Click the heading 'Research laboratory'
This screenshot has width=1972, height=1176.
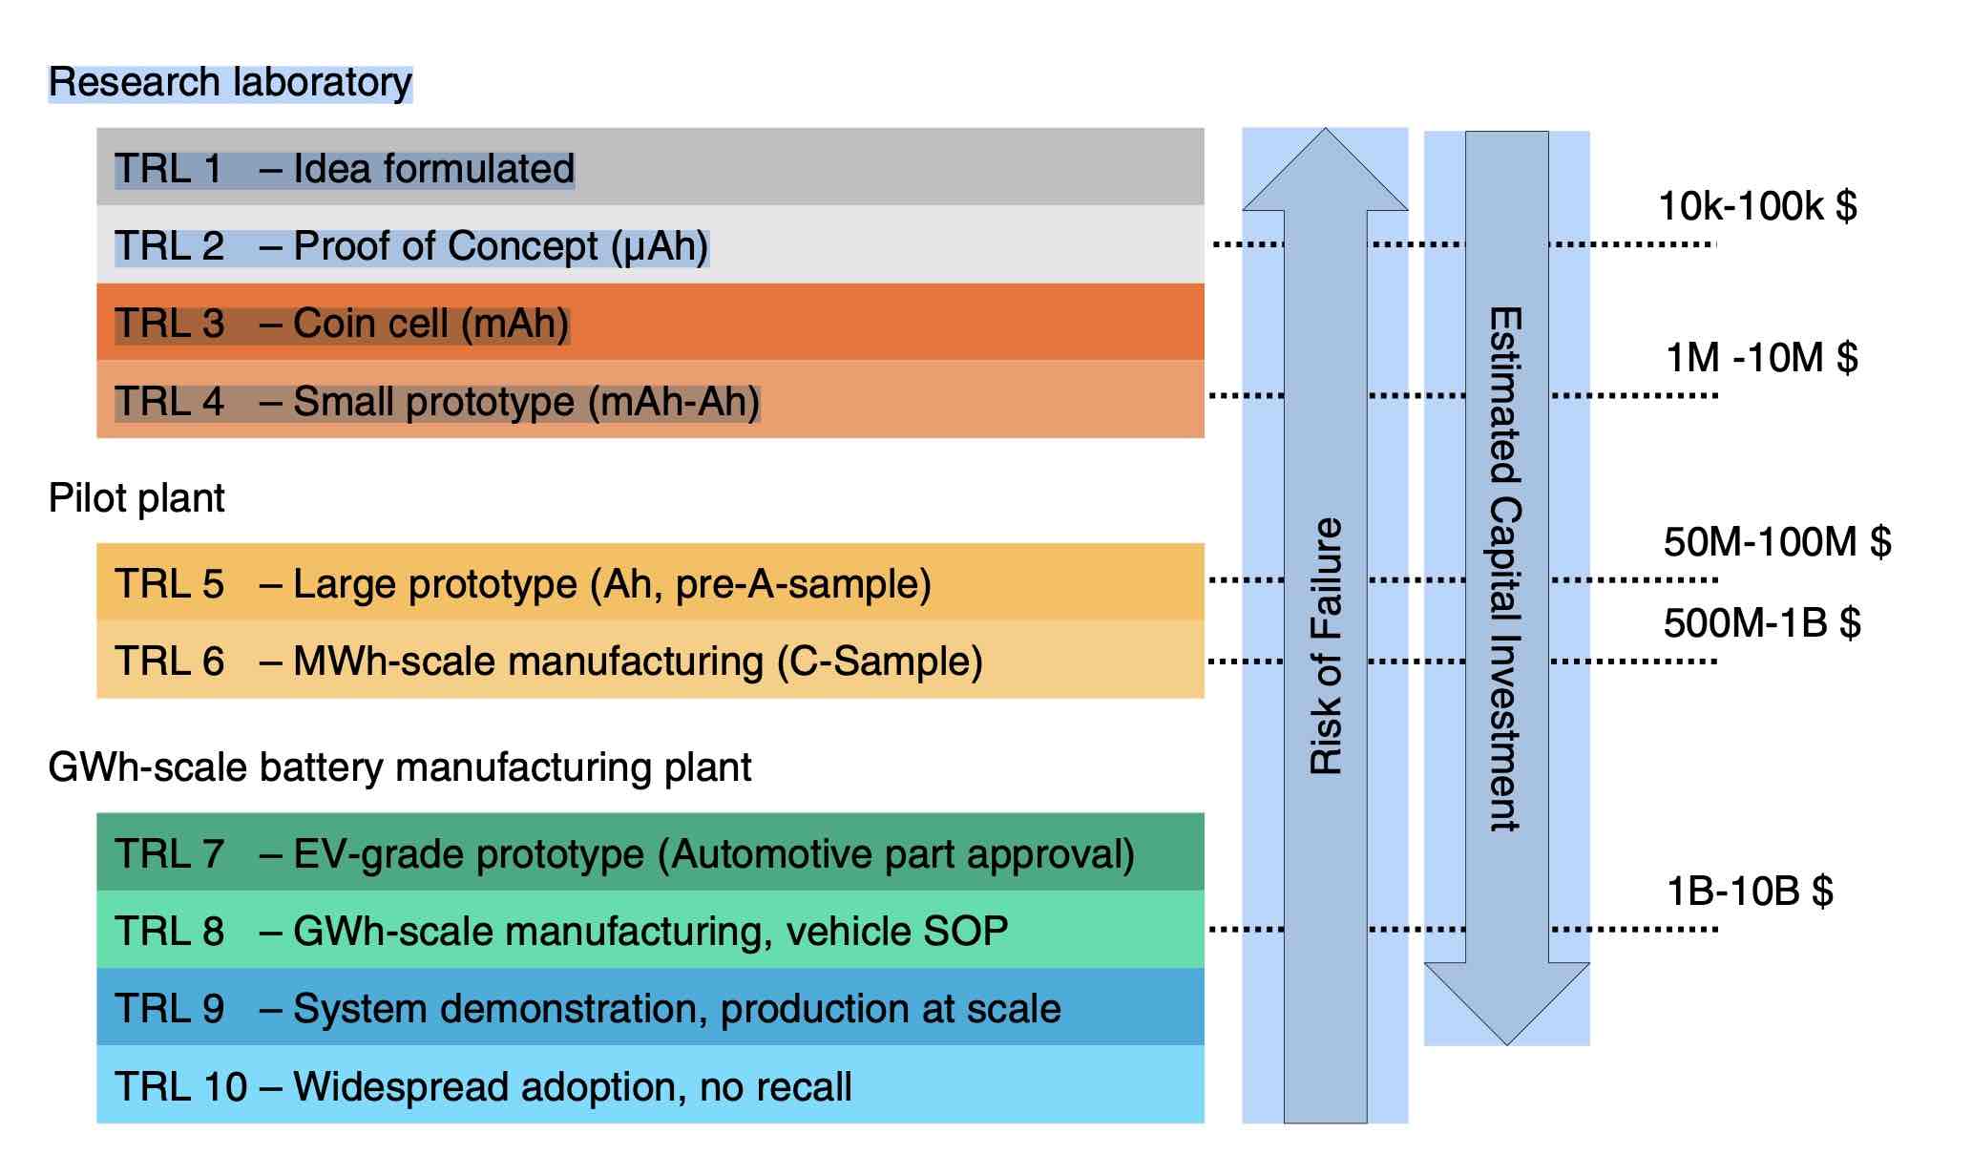[x=230, y=83]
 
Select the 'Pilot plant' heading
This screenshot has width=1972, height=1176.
[x=136, y=498]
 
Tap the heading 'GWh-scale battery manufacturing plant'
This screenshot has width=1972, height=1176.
[x=399, y=767]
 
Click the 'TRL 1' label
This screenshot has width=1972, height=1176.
[x=168, y=169]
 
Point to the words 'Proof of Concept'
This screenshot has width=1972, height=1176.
[x=446, y=246]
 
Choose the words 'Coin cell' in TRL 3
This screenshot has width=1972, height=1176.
[x=370, y=324]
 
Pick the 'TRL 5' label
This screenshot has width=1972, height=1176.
[x=169, y=584]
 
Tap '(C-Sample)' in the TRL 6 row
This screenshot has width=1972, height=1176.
[x=879, y=661]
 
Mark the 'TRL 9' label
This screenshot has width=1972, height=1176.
[x=169, y=1009]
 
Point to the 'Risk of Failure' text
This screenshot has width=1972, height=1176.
[x=1326, y=645]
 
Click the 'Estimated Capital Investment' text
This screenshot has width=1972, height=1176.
[x=1506, y=569]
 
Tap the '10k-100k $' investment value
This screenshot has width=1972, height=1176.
[x=1757, y=206]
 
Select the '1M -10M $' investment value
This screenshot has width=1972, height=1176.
[x=1761, y=358]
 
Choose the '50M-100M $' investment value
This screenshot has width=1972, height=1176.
[x=1776, y=542]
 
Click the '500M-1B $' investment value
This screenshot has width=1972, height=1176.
[x=1762, y=623]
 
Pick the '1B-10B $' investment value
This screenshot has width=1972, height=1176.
[x=1750, y=892]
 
